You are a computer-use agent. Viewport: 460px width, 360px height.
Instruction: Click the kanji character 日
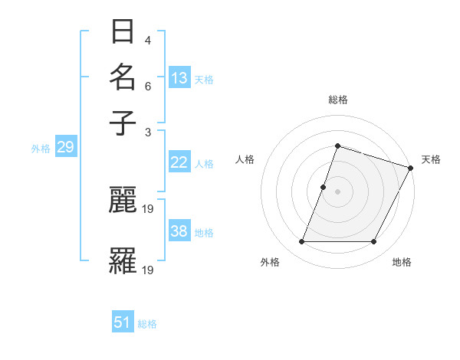coord(123,32)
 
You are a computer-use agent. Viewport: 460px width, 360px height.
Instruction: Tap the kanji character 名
coord(123,77)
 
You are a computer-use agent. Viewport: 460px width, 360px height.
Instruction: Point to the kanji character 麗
coord(123,201)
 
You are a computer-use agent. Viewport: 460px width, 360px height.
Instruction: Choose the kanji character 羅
coord(123,260)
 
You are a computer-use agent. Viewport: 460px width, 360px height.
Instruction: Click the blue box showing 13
coord(179,78)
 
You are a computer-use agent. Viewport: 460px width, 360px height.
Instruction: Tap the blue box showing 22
coord(179,162)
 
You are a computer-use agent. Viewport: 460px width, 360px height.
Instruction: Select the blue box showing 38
coord(179,232)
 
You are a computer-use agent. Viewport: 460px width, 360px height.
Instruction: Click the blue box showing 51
coord(123,323)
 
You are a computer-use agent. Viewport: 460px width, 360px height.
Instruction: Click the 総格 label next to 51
coord(147,324)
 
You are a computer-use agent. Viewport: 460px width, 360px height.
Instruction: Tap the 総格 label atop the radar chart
coord(337,100)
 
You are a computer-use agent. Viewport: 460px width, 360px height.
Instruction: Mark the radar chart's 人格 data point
coord(324,187)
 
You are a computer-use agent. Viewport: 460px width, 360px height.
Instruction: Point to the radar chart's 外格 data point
coord(301,242)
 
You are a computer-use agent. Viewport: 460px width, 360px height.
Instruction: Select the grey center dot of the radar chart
coord(337,191)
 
